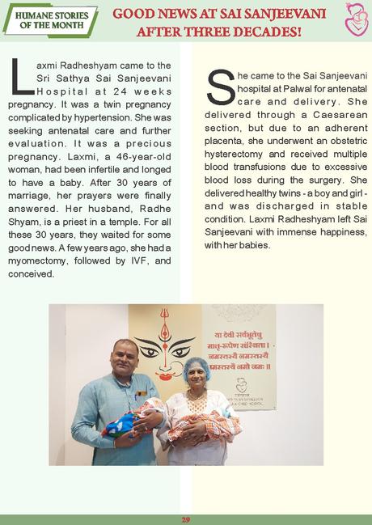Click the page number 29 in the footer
pos(185,519)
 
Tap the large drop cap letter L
pos(22,77)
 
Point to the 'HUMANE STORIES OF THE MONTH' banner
pos(50,19)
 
